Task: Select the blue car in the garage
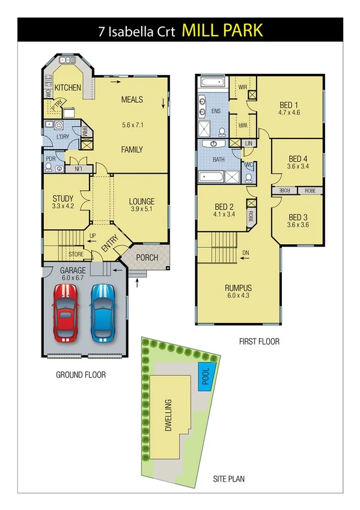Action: pyautogui.click(x=103, y=312)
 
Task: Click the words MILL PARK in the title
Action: pyautogui.click(x=222, y=30)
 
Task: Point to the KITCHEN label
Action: pyautogui.click(x=68, y=88)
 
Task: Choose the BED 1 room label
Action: pyautogui.click(x=289, y=103)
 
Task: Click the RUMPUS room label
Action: pyautogui.click(x=237, y=287)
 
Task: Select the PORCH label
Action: pyautogui.click(x=147, y=257)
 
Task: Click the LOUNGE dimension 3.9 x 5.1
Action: pyautogui.click(x=142, y=210)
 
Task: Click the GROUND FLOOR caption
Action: pyautogui.click(x=81, y=375)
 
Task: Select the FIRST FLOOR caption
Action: pyautogui.click(x=258, y=342)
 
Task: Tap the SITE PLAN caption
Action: pyautogui.click(x=228, y=479)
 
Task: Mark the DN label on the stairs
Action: pyautogui.click(x=245, y=252)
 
